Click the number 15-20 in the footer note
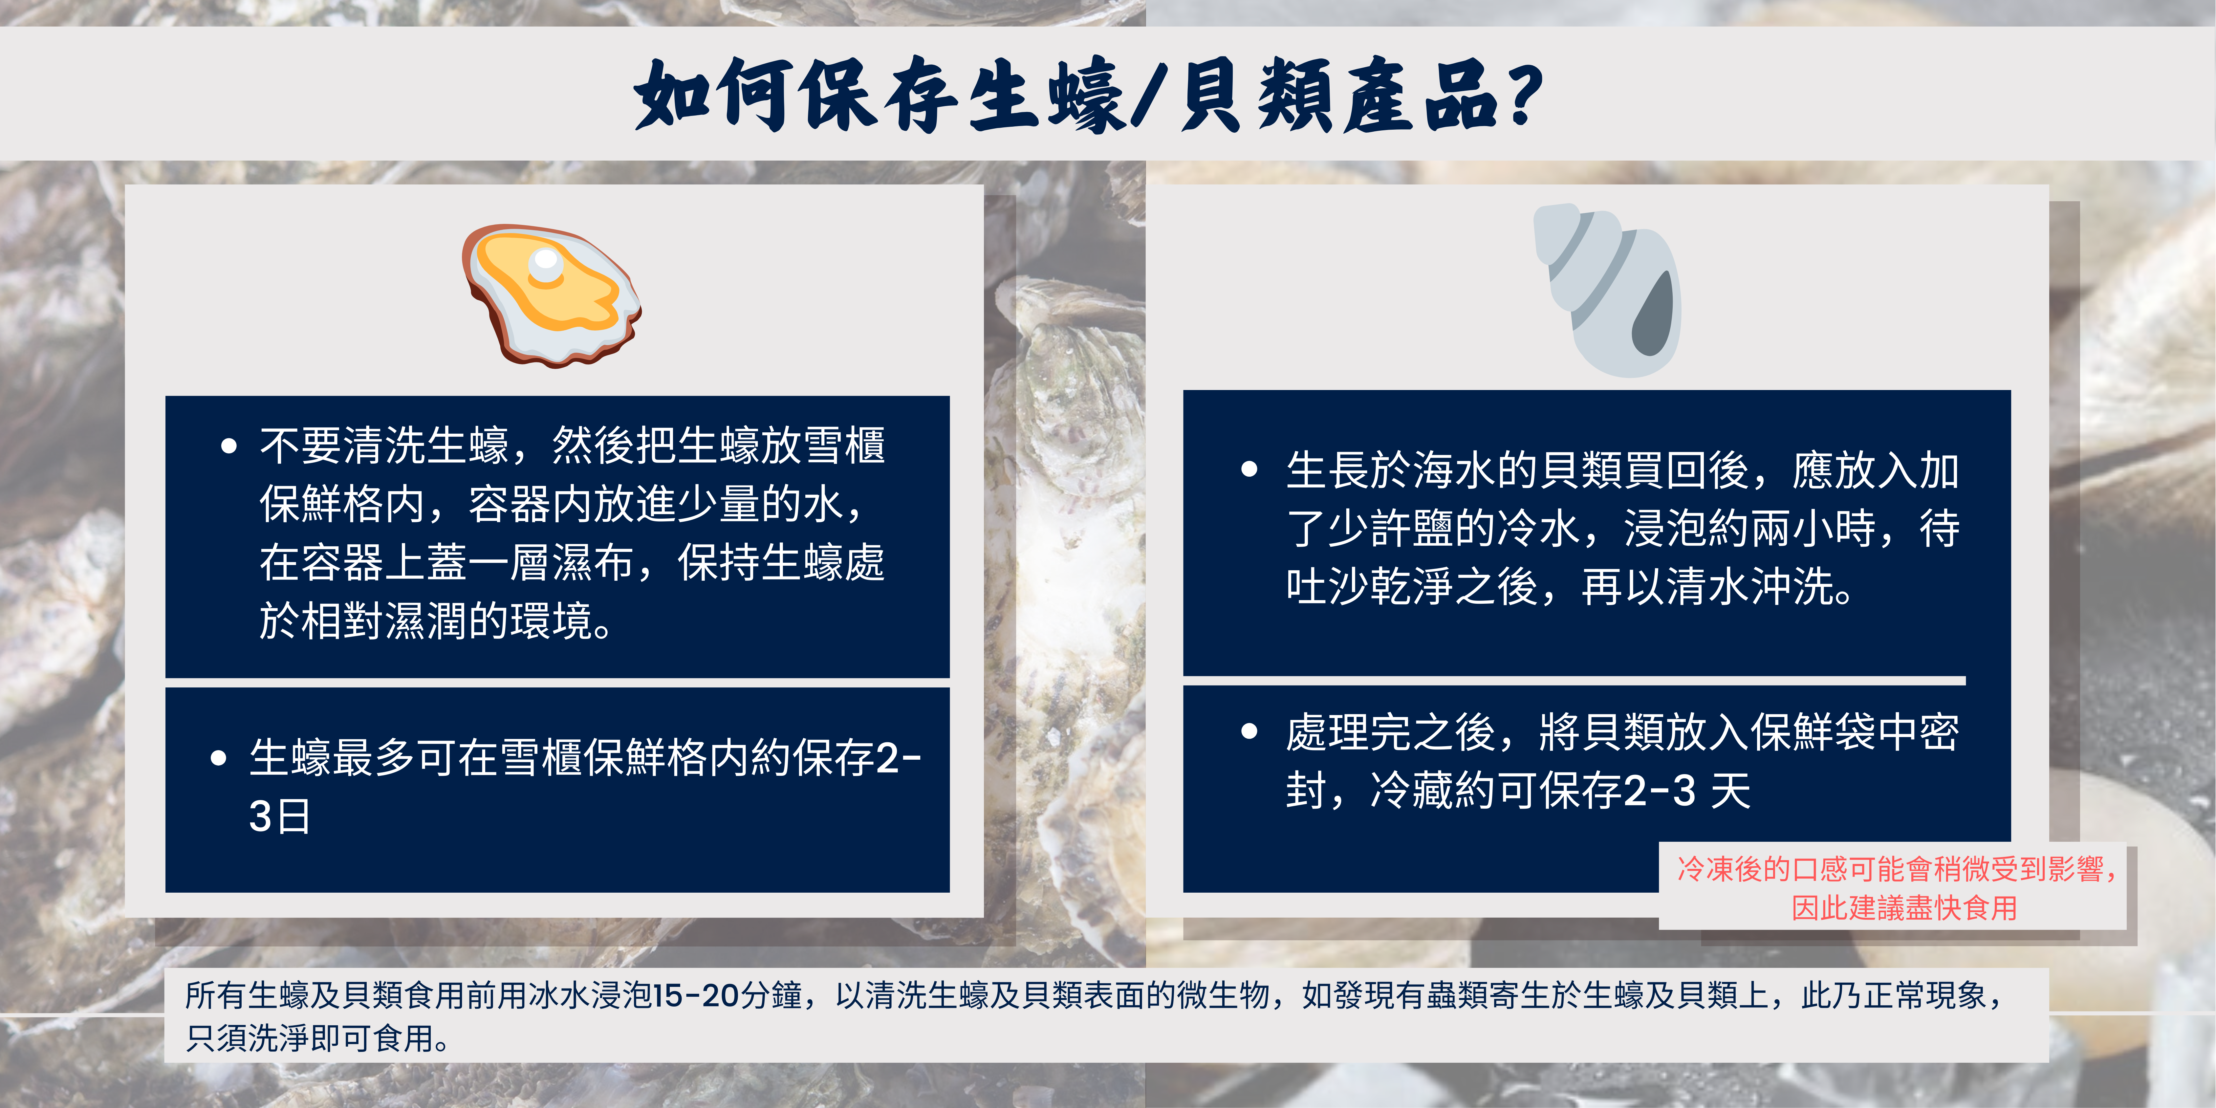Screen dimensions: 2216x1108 pyautogui.click(x=695, y=995)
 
